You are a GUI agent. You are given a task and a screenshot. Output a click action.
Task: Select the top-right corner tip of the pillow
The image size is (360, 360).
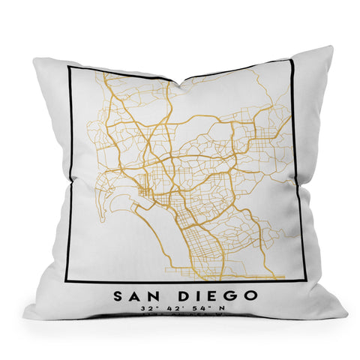(331, 47)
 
